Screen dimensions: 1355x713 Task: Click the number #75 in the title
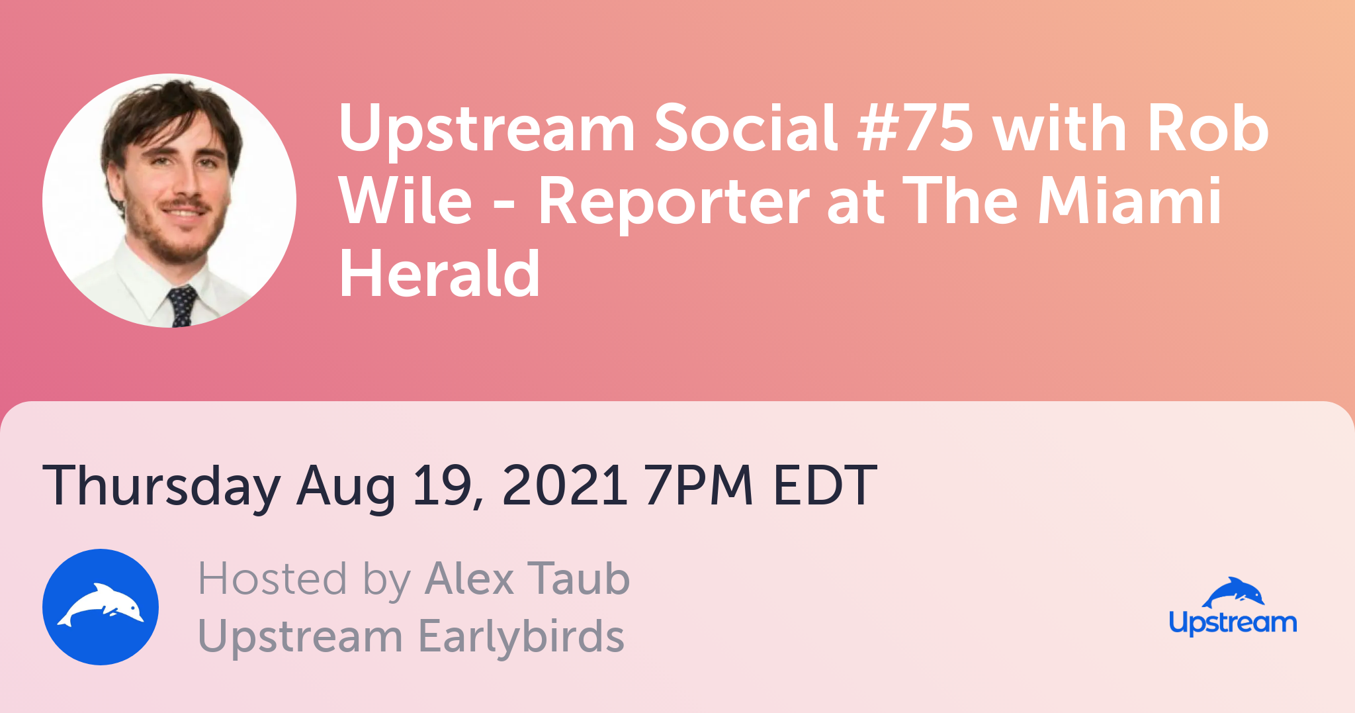[x=915, y=128]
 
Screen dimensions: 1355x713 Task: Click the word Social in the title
[x=746, y=126]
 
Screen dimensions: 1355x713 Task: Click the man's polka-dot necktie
[x=181, y=307]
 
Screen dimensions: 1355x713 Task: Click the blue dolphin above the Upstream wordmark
[x=1233, y=593]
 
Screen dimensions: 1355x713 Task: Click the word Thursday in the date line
[x=161, y=487]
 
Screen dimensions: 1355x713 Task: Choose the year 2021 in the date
[x=564, y=485]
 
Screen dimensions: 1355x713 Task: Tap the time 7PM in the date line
[x=699, y=485]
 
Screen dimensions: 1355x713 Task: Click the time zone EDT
[x=824, y=485]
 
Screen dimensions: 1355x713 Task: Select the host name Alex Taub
[x=527, y=579]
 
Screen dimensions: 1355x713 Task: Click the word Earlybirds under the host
[x=521, y=636]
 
